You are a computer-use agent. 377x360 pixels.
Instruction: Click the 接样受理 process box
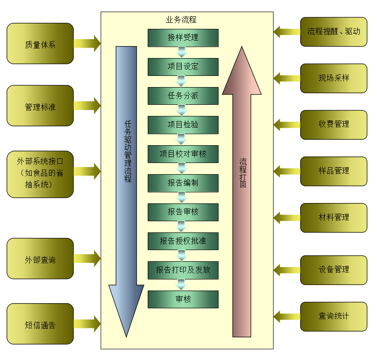[183, 38]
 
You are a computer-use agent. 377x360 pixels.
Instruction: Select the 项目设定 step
[183, 67]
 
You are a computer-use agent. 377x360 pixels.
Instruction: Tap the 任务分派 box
[183, 96]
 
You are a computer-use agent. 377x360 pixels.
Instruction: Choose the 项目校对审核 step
[183, 154]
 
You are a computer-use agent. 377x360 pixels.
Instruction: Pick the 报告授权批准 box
[183, 241]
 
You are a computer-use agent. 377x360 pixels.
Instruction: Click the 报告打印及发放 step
[183, 270]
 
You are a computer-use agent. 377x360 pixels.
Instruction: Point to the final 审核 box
[183, 299]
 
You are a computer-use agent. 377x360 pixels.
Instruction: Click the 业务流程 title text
[181, 20]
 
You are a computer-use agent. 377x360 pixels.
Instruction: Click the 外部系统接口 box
[40, 174]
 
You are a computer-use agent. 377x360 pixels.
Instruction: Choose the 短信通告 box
[40, 324]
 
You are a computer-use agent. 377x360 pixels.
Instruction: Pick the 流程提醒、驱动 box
[334, 32]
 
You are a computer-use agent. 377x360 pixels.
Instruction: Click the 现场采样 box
[334, 78]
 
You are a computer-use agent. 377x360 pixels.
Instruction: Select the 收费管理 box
[334, 124]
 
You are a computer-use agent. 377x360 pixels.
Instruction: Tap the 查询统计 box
[334, 316]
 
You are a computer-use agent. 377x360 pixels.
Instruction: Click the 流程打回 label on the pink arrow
[242, 173]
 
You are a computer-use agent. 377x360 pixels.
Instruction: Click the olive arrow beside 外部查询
[88, 258]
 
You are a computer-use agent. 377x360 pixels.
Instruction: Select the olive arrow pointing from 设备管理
[286, 269]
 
